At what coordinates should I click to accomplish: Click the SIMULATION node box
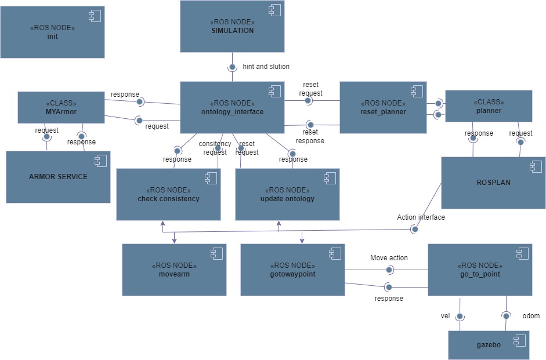click(x=232, y=26)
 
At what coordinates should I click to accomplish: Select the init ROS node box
click(x=52, y=32)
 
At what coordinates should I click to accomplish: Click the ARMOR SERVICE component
click(x=58, y=177)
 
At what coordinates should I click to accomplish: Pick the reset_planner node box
click(x=383, y=107)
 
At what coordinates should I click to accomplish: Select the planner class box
click(x=488, y=106)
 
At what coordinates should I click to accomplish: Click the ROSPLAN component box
click(x=493, y=182)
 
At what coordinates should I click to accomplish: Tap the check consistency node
click(x=168, y=194)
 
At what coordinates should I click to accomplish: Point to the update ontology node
click(x=287, y=194)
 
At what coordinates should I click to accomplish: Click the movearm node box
click(x=174, y=270)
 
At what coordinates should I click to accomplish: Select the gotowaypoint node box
click(x=292, y=270)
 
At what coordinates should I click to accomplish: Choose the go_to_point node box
click(x=479, y=270)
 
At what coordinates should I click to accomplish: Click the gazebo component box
click(x=489, y=344)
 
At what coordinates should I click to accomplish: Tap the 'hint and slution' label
click(x=266, y=67)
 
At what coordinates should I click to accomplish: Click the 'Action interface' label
click(x=421, y=217)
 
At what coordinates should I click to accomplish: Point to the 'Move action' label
click(x=389, y=258)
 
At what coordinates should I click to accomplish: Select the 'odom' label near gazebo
click(x=531, y=316)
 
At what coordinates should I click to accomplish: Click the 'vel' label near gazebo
click(x=446, y=316)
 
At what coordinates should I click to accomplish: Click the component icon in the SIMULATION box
click(x=274, y=10)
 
